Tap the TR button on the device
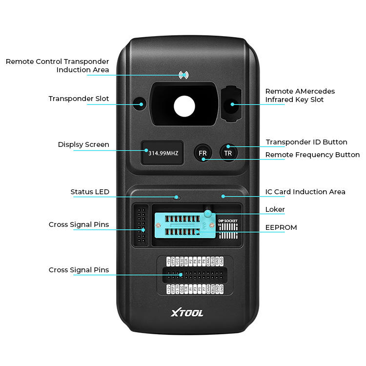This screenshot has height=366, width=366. [x=228, y=152]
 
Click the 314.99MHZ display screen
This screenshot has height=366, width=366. [x=163, y=153]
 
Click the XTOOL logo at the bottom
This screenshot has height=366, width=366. [x=187, y=313]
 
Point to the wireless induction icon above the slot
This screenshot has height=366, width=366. [x=183, y=75]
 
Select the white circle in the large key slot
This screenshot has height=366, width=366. [x=184, y=105]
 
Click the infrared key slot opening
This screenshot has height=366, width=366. [x=231, y=103]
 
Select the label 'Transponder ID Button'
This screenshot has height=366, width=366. [x=306, y=142]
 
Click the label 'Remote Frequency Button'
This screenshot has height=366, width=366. [x=312, y=155]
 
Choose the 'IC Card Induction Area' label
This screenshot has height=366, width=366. [x=305, y=192]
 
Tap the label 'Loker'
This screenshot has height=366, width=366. [x=275, y=209]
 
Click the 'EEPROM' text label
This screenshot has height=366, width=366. [x=281, y=227]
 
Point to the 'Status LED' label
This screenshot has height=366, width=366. [x=90, y=192]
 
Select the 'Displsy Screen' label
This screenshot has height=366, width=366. [x=83, y=144]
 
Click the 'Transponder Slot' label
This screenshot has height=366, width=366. [x=79, y=99]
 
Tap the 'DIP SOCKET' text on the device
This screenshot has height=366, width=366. [x=228, y=221]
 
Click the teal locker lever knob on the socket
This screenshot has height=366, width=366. [x=208, y=213]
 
